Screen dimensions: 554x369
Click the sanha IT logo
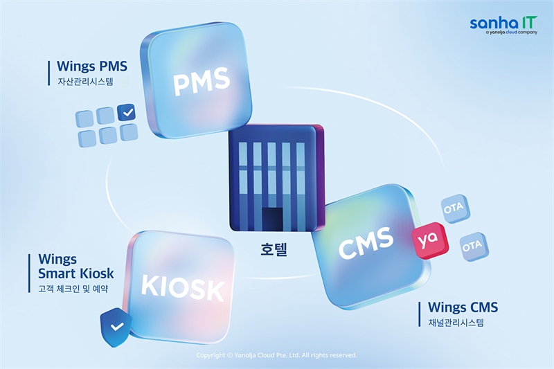503,25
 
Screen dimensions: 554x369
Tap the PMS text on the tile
201,82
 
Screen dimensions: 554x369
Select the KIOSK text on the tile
183,288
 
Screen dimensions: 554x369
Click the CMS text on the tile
366,242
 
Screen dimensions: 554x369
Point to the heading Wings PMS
92,66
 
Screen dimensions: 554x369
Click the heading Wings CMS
463,307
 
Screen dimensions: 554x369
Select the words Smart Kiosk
76,273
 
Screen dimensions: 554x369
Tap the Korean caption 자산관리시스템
85,82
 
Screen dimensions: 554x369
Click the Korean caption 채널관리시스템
456,323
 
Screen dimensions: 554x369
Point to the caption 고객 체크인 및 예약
73,289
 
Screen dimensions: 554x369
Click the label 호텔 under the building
274,249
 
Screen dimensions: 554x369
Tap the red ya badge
430,241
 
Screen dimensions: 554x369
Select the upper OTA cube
455,208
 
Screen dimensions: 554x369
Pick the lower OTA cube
474,246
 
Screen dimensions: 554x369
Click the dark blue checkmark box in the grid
127,113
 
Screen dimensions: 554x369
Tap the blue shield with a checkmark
116,327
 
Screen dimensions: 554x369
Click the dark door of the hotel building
272,219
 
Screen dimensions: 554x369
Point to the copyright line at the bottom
276,355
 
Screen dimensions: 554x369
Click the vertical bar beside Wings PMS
49,73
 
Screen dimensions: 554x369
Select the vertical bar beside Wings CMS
420,314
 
